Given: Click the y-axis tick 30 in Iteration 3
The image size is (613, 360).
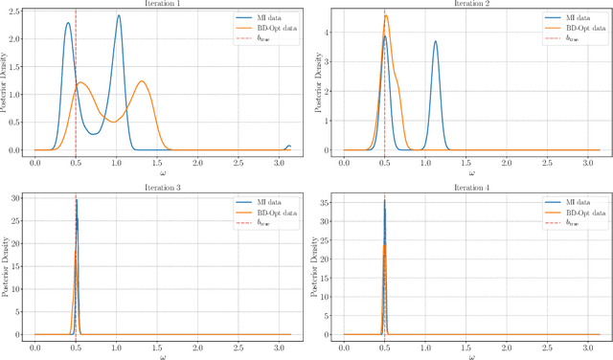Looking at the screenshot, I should click(x=21, y=198).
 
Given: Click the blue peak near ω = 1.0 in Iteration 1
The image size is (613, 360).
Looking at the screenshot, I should click(x=118, y=15).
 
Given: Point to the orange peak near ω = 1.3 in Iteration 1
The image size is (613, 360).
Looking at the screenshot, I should click(x=142, y=81).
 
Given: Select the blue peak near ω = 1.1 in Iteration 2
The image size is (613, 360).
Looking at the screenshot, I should click(x=435, y=41).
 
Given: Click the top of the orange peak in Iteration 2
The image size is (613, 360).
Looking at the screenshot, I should click(x=386, y=15).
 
